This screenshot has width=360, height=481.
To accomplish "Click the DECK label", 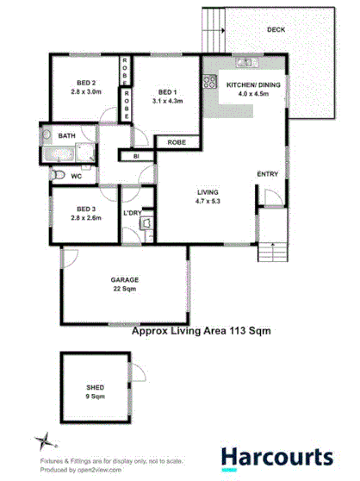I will (276, 29).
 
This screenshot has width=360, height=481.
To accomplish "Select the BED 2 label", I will (86, 84).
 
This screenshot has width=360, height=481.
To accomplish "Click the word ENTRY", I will (268, 174).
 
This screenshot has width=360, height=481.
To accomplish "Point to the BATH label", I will (66, 136).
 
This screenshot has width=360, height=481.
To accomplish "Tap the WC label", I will (76, 175).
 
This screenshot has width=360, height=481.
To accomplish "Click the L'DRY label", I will (132, 211).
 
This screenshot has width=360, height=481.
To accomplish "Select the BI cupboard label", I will (136, 156).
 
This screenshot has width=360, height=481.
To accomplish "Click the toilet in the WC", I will (56, 175).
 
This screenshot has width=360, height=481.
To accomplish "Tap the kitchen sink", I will (245, 62).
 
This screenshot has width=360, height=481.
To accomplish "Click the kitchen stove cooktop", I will (208, 83).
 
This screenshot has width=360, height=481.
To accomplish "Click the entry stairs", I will (272, 242).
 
